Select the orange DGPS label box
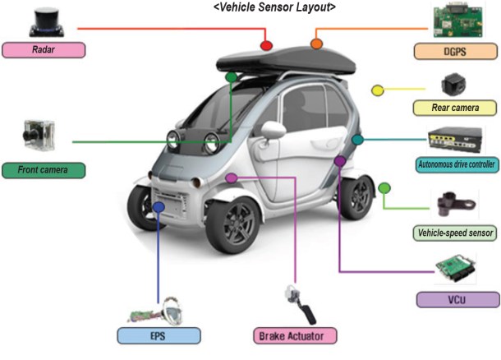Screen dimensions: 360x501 point(454,51)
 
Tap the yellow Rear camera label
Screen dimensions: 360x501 point(454,108)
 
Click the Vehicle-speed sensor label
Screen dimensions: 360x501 point(454,233)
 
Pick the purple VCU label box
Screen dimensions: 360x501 point(457,299)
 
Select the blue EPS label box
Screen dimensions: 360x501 point(159,335)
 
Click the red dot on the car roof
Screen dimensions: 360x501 point(265,45)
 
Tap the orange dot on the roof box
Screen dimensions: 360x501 point(317,42)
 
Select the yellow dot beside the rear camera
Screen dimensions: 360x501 point(378,90)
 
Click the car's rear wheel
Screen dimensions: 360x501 point(359,195)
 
